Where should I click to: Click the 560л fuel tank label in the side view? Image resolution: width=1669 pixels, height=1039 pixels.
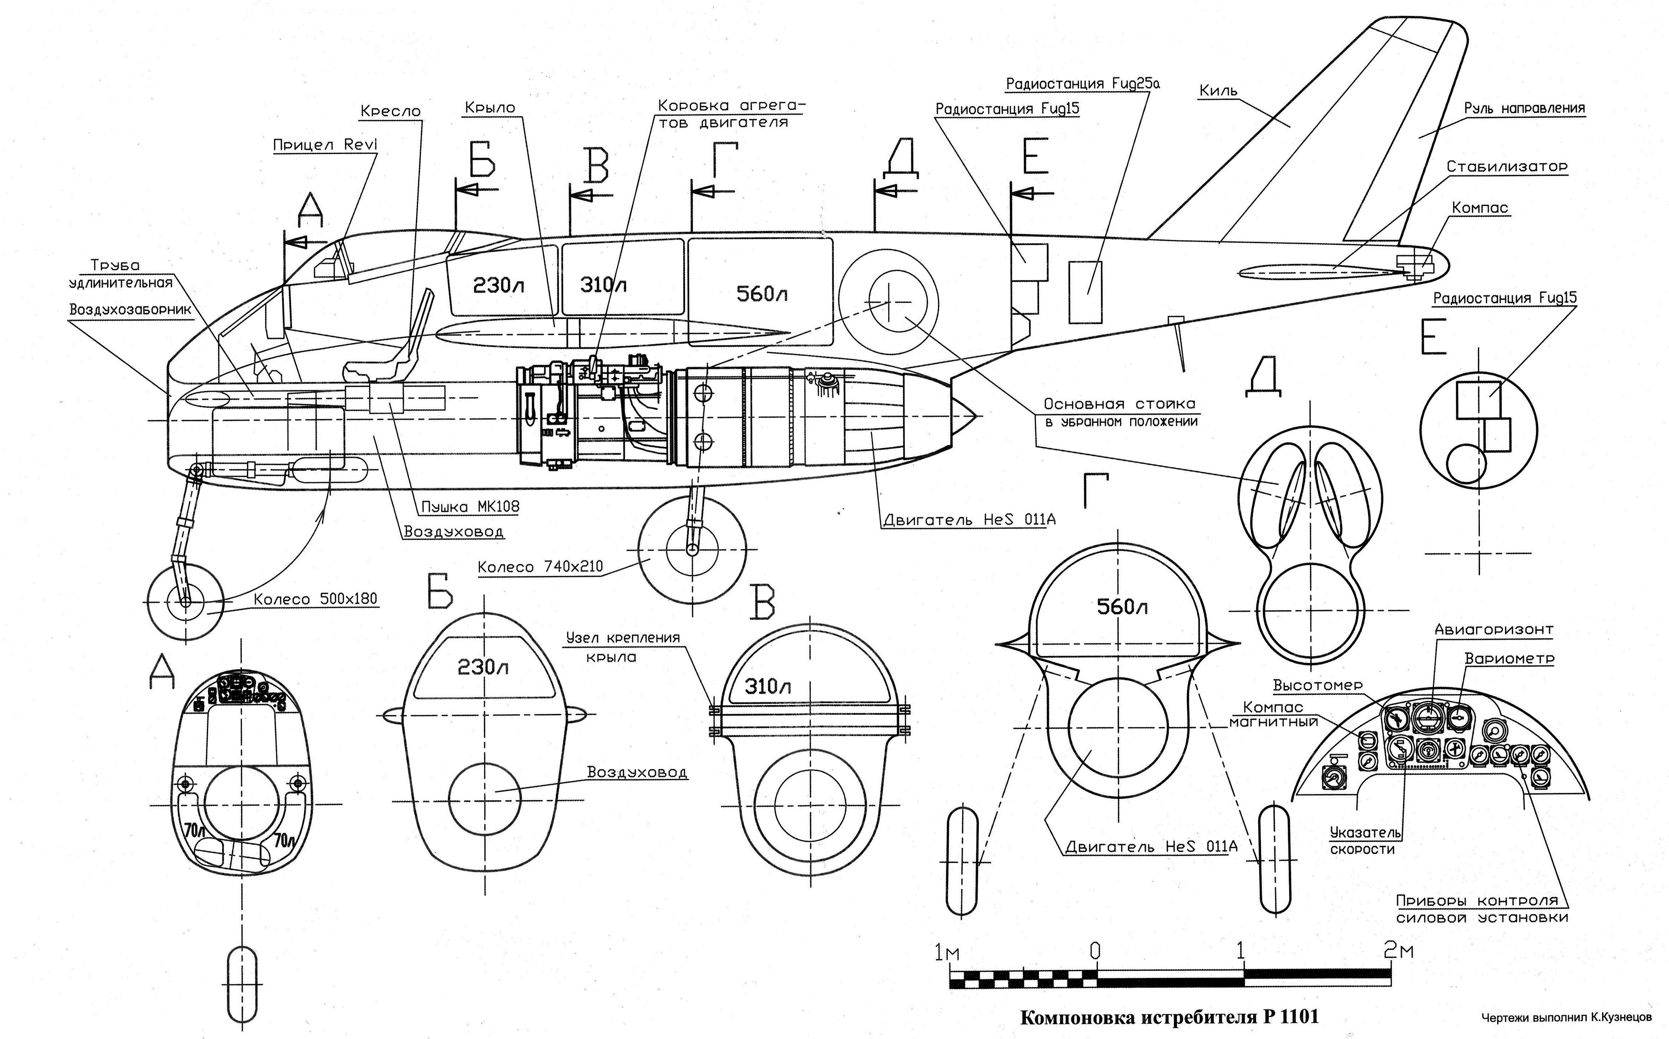(x=761, y=294)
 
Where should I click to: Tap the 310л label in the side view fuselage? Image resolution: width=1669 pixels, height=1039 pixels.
(x=603, y=285)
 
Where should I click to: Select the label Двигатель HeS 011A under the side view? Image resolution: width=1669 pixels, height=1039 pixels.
(x=969, y=519)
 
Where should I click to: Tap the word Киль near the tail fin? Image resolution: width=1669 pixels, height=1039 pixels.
(x=1218, y=91)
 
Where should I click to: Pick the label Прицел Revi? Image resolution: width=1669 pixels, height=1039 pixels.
(x=325, y=145)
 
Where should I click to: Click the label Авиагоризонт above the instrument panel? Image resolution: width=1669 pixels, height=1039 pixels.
(x=1493, y=629)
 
